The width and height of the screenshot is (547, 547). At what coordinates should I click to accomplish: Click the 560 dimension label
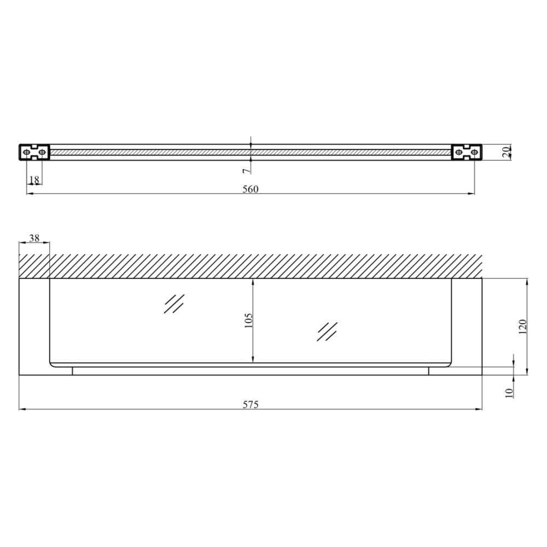coord(251,189)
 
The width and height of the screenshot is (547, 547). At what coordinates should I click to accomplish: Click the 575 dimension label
coord(251,405)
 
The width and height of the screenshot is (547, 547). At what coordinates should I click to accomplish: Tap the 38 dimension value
coord(34,238)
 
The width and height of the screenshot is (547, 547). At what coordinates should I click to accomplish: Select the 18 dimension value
coord(34,179)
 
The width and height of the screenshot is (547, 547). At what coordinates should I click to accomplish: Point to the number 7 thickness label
coord(246,171)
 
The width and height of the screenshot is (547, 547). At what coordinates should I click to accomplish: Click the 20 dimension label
coord(507,153)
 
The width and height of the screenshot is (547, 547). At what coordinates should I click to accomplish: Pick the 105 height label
coord(248,320)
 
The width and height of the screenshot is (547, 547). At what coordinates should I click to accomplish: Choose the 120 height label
coord(522,327)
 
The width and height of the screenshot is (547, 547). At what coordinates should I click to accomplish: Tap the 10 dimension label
coord(509,393)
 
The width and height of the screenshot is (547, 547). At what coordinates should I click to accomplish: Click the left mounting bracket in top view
coord(34,153)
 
